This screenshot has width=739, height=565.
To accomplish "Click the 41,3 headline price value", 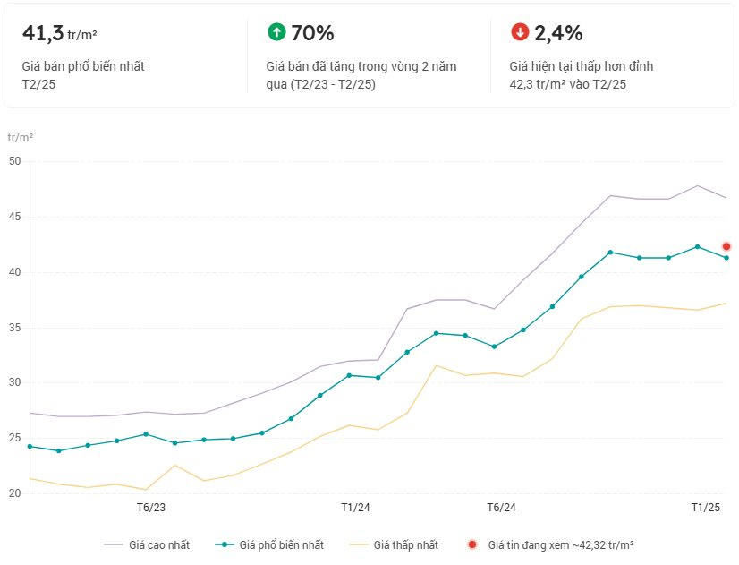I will [x=42, y=34].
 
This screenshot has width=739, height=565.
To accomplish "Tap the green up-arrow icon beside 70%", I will [x=276, y=32].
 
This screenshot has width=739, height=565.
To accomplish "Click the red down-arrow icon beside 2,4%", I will [x=520, y=32].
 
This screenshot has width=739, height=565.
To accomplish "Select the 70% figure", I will [x=312, y=34].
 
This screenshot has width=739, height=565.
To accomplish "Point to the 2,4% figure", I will [x=558, y=34].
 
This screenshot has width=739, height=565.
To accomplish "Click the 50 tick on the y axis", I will [x=13, y=161].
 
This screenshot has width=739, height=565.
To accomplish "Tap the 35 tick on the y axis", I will [x=13, y=328].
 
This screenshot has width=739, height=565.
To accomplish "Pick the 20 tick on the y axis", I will [x=13, y=493].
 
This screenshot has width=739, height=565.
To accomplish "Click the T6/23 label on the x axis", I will [x=150, y=508].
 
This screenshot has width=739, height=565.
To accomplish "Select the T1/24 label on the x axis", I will [x=355, y=508].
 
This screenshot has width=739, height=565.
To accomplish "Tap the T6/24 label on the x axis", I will [x=501, y=508].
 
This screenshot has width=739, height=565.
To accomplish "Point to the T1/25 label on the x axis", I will [x=706, y=508].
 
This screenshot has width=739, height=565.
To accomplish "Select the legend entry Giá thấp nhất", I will [x=405, y=544].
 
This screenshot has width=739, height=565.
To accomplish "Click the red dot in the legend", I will [x=472, y=544].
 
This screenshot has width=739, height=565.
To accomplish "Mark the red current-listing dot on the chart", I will [x=726, y=246].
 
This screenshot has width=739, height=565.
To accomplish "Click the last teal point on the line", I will [x=726, y=258].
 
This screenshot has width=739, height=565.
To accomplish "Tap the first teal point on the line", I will [x=30, y=446].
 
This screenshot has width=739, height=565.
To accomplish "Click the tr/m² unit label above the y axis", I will [x=21, y=138].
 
